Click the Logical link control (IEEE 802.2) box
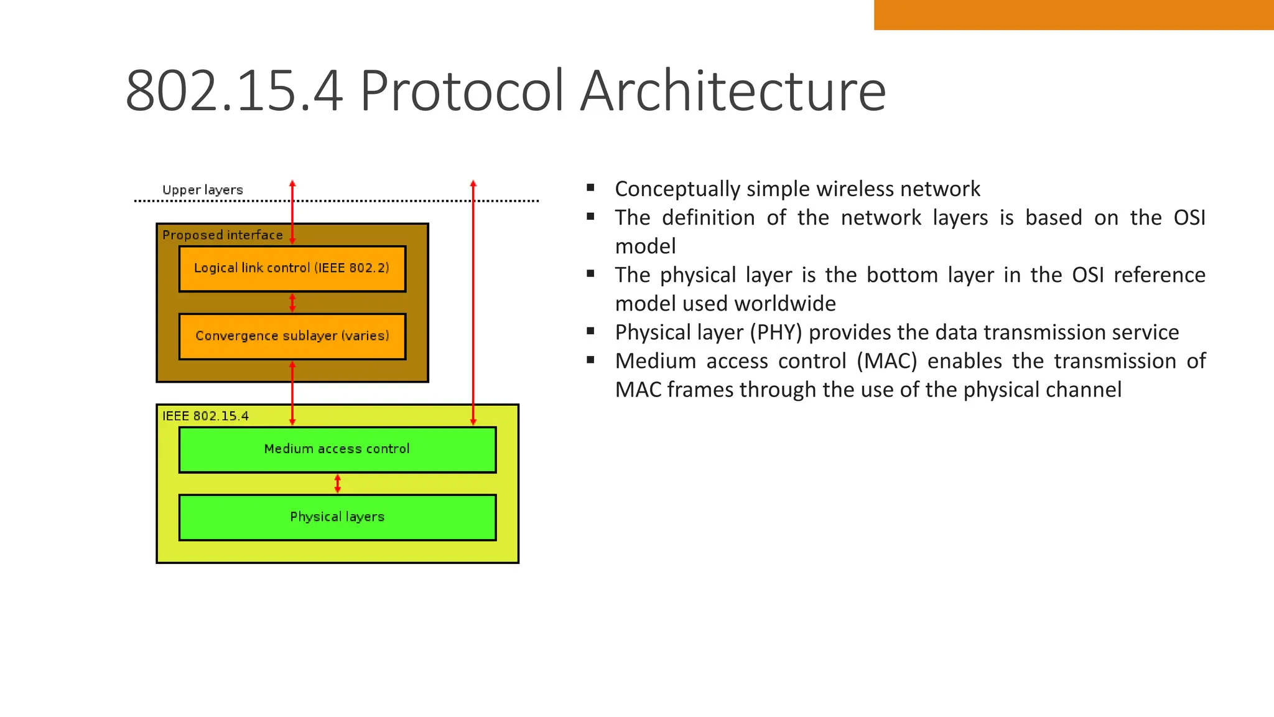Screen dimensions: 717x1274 (x=292, y=269)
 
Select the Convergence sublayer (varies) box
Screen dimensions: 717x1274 (x=292, y=337)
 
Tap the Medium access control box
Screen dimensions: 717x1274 (x=337, y=449)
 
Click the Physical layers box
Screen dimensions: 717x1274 (x=337, y=517)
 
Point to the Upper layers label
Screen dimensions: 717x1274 (x=202, y=190)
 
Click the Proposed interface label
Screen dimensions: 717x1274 (x=222, y=235)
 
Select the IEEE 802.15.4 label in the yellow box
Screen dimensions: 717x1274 (x=205, y=416)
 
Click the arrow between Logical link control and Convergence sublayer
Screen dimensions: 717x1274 (x=292, y=303)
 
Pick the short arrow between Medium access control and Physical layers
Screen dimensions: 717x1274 (x=338, y=484)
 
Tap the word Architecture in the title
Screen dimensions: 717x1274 (x=733, y=91)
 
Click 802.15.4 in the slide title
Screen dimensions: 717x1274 (x=234, y=91)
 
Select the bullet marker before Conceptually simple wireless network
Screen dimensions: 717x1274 (x=590, y=187)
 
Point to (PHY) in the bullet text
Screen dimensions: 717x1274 (x=776, y=332)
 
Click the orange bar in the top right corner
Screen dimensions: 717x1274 (x=1073, y=14)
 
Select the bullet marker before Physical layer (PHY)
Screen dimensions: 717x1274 (x=590, y=331)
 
